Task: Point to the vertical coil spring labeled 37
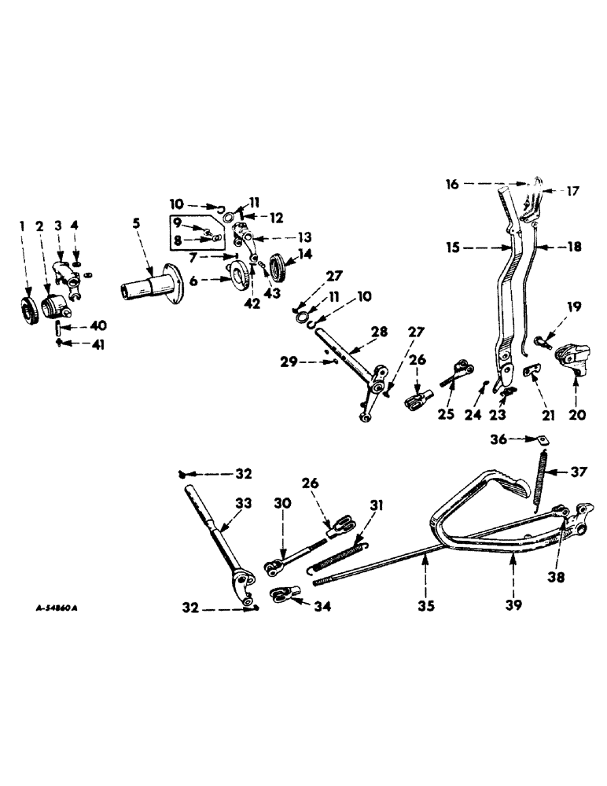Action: point(540,480)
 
